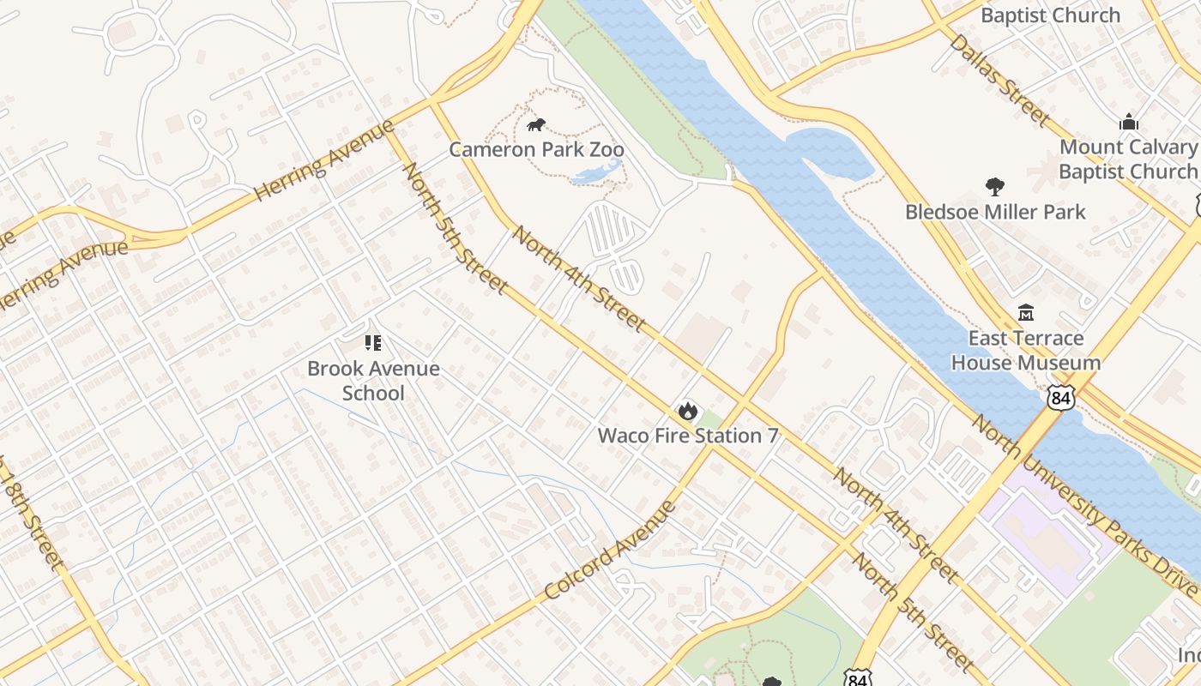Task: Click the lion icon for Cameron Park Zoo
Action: pos(536,126)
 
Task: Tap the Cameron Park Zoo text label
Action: pos(536,149)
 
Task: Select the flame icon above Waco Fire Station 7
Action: pos(687,412)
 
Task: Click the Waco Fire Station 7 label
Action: pos(687,436)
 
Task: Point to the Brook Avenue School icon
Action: pos(373,344)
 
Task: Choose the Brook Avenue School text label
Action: pos(373,381)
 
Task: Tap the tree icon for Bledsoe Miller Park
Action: pos(995,186)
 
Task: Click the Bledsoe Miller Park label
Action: pos(995,211)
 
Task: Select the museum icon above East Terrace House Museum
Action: pos(1025,312)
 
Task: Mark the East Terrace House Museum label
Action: pos(1025,350)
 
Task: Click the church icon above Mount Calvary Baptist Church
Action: pos(1128,122)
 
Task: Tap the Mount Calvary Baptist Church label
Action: pos(1127,159)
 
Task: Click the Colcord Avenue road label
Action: pos(610,551)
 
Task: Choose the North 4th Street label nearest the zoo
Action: pos(578,279)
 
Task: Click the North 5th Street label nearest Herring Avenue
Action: pos(454,227)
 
